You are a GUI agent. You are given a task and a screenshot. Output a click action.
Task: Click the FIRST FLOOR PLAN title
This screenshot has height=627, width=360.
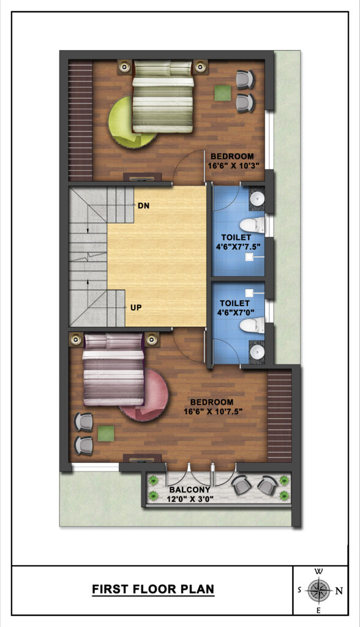[153, 589]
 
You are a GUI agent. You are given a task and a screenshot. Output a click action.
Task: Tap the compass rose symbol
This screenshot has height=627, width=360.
[319, 590]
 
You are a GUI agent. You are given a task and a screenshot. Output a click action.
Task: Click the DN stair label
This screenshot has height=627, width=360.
[144, 206]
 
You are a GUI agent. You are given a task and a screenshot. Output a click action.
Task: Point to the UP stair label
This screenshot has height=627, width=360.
[136, 308]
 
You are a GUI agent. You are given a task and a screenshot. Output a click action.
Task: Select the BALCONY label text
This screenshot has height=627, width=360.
[190, 490]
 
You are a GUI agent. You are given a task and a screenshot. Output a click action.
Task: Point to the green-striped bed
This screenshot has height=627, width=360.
[163, 96]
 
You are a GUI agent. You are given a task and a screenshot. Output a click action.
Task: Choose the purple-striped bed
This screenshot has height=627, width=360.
[113, 369]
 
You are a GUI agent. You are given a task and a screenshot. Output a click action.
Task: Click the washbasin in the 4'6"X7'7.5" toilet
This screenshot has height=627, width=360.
[257, 198]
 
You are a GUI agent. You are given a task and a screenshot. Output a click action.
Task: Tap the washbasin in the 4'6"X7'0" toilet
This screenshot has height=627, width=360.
[257, 352]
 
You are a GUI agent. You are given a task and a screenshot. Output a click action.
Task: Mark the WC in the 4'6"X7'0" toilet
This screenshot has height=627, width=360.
[252, 325]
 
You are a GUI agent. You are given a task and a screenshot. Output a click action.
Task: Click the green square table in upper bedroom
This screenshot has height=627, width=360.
[222, 93]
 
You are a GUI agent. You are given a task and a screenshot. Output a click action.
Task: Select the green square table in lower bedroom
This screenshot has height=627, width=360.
[106, 434]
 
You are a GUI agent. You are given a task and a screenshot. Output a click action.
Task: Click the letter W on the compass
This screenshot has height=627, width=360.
[319, 571]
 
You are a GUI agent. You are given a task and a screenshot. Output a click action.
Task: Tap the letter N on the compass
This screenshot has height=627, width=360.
[339, 590]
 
